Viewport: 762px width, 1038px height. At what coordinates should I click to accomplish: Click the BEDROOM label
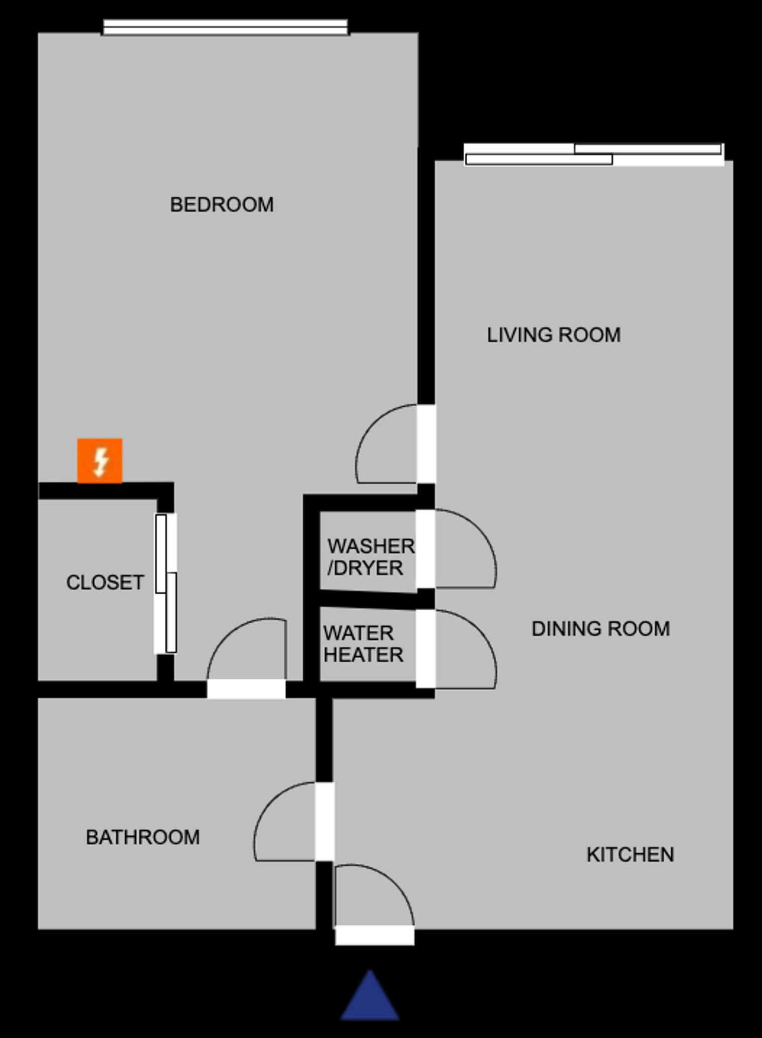pyautogui.click(x=222, y=204)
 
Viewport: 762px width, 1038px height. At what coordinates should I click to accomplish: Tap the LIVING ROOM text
pyautogui.click(x=554, y=335)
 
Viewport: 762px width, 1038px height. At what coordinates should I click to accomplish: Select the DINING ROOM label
pyautogui.click(x=601, y=629)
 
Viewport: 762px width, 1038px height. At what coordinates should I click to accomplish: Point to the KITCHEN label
pyautogui.click(x=630, y=855)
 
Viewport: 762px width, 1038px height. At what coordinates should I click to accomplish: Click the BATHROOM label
pyautogui.click(x=143, y=837)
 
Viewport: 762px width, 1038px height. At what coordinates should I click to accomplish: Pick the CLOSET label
pyautogui.click(x=105, y=582)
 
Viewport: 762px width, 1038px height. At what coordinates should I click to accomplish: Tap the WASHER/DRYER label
pyautogui.click(x=371, y=557)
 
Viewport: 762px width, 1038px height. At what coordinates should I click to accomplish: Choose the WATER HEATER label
pyautogui.click(x=363, y=644)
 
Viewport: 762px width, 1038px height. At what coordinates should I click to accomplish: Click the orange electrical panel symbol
pyautogui.click(x=100, y=461)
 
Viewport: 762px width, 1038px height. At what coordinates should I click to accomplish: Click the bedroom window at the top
pyautogui.click(x=225, y=28)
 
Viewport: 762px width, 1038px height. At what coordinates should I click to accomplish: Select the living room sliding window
pyautogui.click(x=594, y=154)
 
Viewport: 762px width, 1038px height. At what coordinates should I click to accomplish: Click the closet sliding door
pyautogui.click(x=166, y=584)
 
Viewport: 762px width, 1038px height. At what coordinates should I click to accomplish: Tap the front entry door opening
pyautogui.click(x=374, y=935)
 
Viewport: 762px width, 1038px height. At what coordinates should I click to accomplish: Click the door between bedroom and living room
pyautogui.click(x=426, y=444)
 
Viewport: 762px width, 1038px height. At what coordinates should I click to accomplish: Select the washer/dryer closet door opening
pyautogui.click(x=426, y=549)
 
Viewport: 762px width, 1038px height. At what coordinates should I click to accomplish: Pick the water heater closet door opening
pyautogui.click(x=426, y=649)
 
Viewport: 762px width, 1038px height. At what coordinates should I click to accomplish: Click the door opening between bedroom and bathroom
pyautogui.click(x=246, y=689)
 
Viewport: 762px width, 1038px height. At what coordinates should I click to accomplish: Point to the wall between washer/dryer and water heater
pyautogui.click(x=368, y=599)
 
